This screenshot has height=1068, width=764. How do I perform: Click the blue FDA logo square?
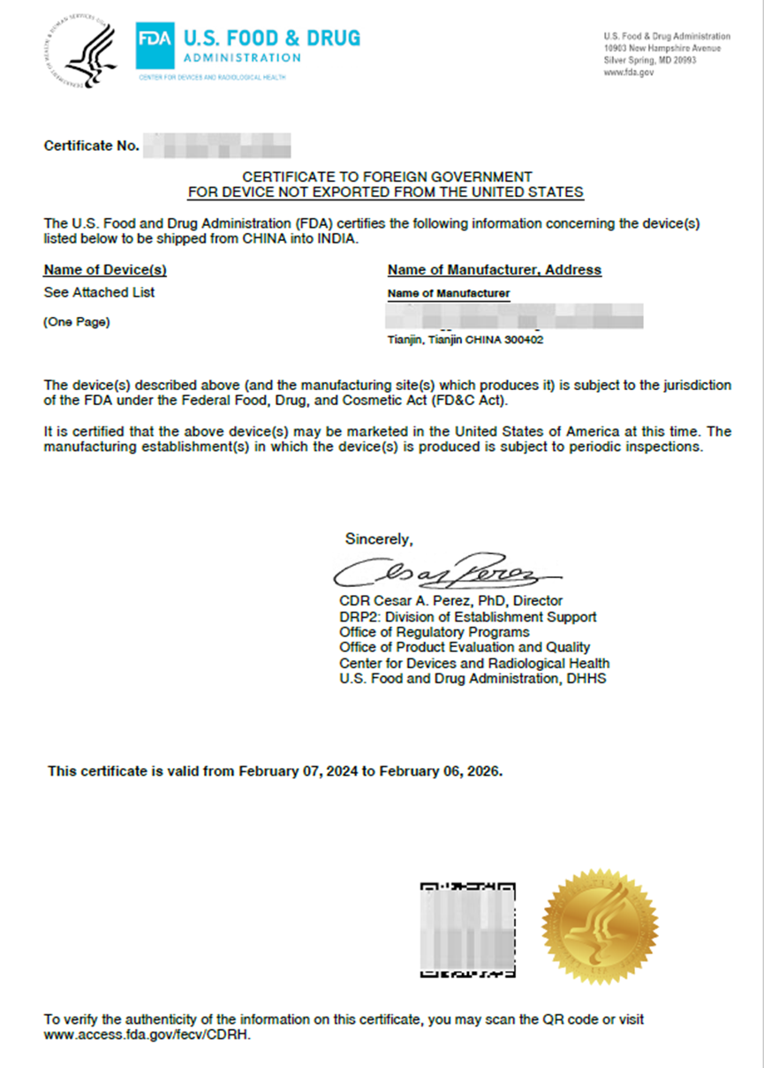pyautogui.click(x=155, y=46)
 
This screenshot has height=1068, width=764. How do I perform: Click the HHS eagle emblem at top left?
pyautogui.click(x=82, y=51)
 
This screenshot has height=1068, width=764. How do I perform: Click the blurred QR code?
pyautogui.click(x=467, y=929)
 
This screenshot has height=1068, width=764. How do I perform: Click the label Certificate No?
pyautogui.click(x=92, y=146)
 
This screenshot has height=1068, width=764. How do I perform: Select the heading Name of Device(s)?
pyautogui.click(x=105, y=270)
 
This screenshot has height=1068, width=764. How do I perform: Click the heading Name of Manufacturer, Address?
pyautogui.click(x=494, y=270)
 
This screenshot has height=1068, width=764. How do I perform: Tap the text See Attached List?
pyautogui.click(x=99, y=292)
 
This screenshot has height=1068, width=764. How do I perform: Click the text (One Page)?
pyautogui.click(x=77, y=322)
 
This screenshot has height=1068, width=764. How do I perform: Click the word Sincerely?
pyautogui.click(x=378, y=538)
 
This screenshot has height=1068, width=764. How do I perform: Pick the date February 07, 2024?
pyautogui.click(x=295, y=771)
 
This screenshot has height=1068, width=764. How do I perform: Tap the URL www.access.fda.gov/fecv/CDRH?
pyautogui.click(x=148, y=1034)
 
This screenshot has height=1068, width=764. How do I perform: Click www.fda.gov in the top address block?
pyautogui.click(x=629, y=73)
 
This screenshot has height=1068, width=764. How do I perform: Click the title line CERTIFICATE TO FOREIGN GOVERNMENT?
pyautogui.click(x=387, y=177)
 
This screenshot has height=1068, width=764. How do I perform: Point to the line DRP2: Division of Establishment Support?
pyautogui.click(x=467, y=617)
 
